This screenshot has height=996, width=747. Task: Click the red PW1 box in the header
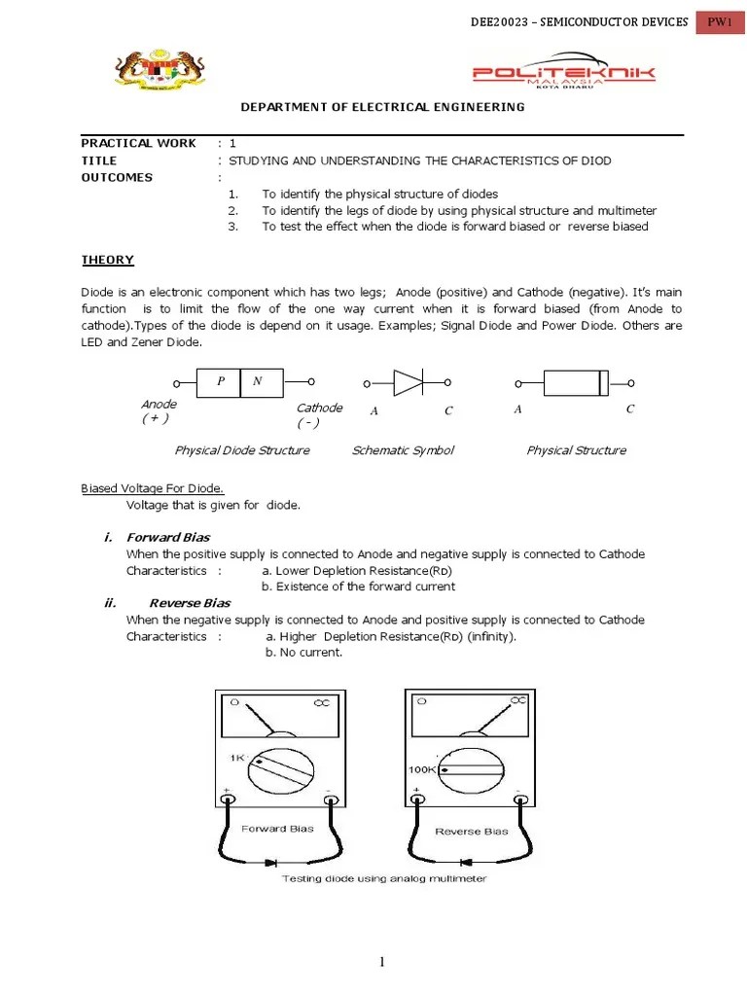tap(721, 22)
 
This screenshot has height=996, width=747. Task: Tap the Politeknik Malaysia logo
tap(563, 76)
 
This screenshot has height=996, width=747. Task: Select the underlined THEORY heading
tap(107, 260)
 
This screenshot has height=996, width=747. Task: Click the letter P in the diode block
tap(221, 381)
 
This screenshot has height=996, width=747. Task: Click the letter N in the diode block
tap(257, 381)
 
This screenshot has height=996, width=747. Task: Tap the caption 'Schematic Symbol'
tap(403, 450)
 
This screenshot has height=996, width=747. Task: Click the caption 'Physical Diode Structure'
tap(242, 450)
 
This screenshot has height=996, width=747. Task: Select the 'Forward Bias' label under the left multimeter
tap(277, 829)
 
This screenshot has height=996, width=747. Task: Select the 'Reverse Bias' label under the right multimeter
tap(471, 832)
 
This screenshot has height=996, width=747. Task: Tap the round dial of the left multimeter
tap(281, 767)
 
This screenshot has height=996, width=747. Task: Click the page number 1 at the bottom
tap(382, 962)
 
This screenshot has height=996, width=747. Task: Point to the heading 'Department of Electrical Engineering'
tap(382, 107)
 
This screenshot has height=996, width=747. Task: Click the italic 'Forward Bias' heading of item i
tap(168, 537)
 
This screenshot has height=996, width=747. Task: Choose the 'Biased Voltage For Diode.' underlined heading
tap(153, 488)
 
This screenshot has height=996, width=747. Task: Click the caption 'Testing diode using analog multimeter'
tap(384, 879)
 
